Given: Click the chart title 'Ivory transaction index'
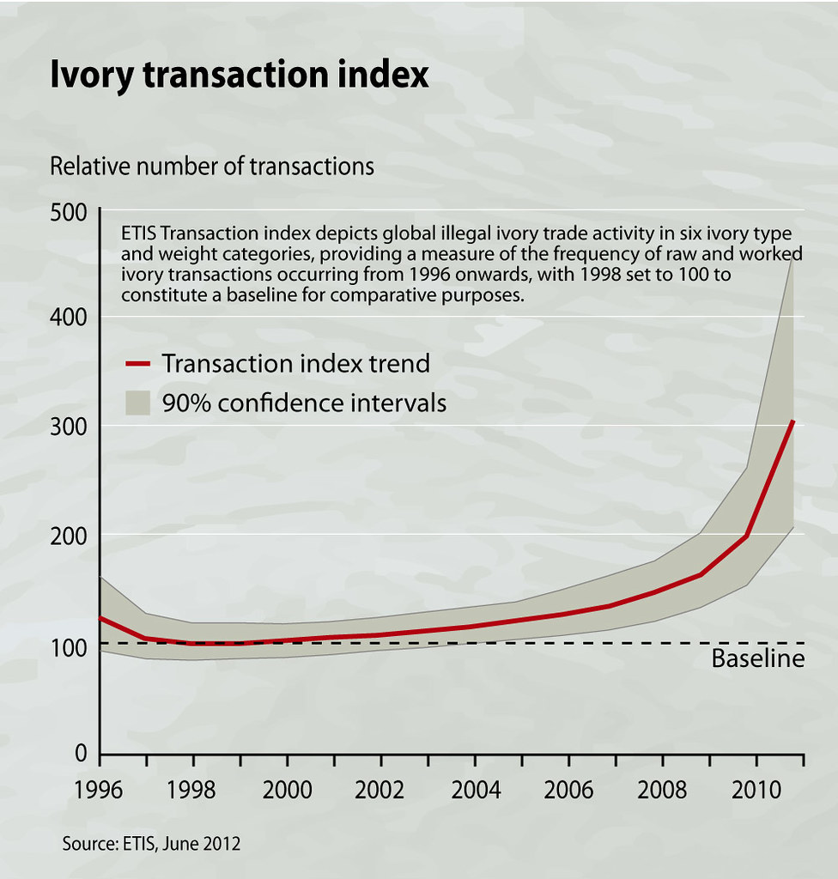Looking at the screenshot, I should point(239,76).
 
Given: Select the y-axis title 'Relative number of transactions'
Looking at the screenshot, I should point(212,166).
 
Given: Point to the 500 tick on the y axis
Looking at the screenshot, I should point(72,212).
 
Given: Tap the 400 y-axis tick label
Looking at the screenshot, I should point(72,319).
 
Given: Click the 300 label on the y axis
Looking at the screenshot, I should point(72,428).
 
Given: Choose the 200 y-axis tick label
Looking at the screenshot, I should point(72,536).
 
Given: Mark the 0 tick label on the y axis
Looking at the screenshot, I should point(82,754).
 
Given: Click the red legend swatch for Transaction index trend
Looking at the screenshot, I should point(137,364).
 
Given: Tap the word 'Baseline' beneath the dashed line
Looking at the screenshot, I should point(758,659).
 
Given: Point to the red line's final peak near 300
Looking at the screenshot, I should point(793,421).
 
